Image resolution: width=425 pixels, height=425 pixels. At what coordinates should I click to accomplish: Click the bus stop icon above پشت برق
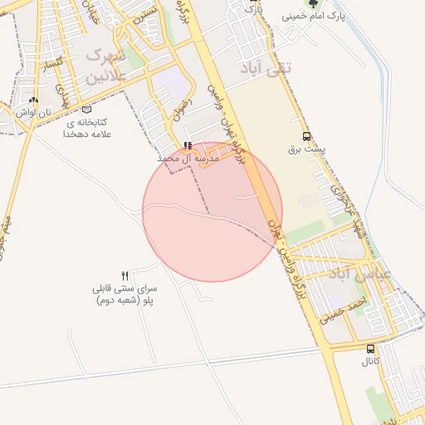click(x=307, y=137)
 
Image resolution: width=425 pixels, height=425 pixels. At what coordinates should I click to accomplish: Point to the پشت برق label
click(x=307, y=150)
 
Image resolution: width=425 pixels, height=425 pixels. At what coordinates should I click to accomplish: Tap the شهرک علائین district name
click(x=106, y=63)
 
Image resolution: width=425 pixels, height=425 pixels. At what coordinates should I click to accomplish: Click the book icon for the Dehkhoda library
click(x=87, y=110)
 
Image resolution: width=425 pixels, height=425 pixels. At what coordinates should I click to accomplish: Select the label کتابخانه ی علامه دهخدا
click(x=87, y=128)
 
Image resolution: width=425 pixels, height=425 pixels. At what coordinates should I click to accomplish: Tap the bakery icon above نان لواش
click(x=34, y=100)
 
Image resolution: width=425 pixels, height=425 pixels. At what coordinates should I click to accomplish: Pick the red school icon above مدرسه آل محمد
click(x=188, y=145)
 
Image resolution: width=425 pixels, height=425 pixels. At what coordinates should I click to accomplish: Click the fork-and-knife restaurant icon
click(x=125, y=275)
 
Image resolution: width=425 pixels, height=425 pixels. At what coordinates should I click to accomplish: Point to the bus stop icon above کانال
click(x=370, y=349)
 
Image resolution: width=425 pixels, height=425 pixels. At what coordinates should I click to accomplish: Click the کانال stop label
click(x=370, y=362)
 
